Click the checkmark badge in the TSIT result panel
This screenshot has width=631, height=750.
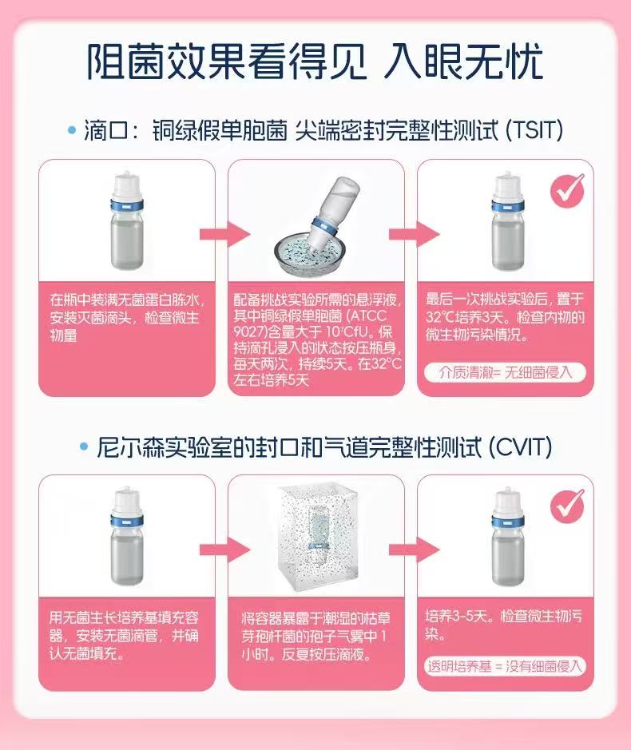(x=567, y=191)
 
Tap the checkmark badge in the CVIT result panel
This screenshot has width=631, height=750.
(x=567, y=506)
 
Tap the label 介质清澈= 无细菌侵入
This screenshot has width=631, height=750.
(x=505, y=371)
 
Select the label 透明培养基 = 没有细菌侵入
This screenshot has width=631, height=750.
(x=505, y=666)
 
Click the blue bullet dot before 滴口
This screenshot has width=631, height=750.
(x=72, y=130)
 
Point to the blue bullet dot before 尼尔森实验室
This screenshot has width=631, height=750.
(x=84, y=448)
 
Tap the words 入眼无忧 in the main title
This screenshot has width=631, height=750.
(x=463, y=62)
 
